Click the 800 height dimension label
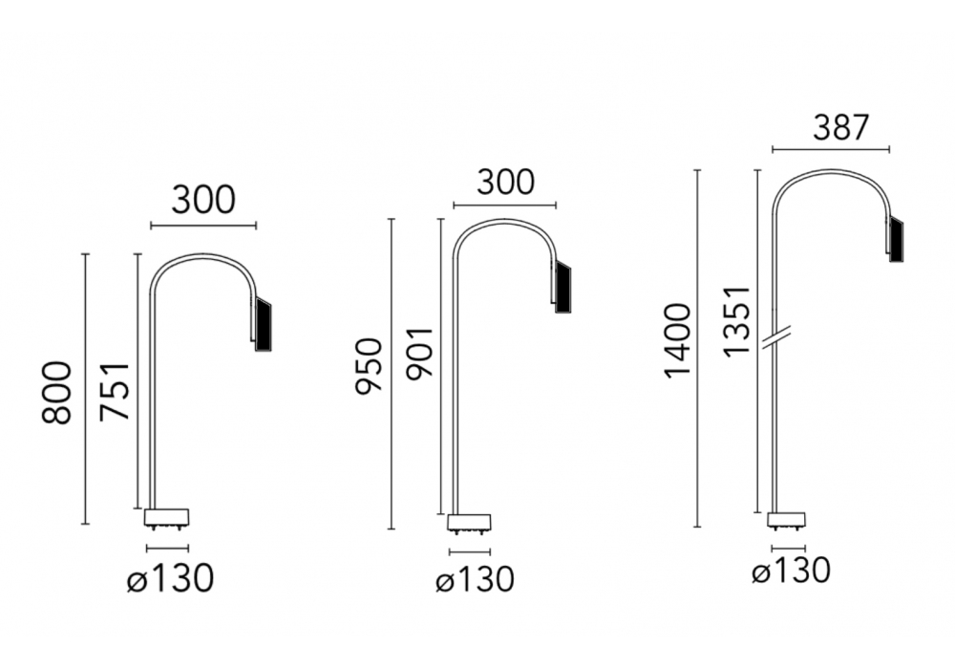pyautogui.click(x=56, y=393)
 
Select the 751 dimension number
pyautogui.click(x=116, y=391)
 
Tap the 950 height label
pyautogui.click(x=370, y=365)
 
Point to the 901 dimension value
pyautogui.click(x=419, y=354)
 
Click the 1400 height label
pyautogui.click(x=678, y=341)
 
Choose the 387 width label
pyautogui.click(x=840, y=128)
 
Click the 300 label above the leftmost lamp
pyautogui.click(x=202, y=200)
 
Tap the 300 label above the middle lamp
pyautogui.click(x=505, y=182)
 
